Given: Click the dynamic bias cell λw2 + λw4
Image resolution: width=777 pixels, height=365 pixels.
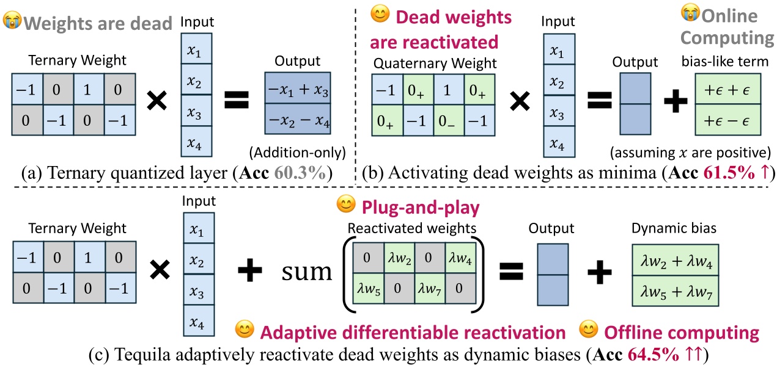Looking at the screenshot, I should (x=675, y=264).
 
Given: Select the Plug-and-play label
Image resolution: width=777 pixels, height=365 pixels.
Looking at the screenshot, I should (x=419, y=209).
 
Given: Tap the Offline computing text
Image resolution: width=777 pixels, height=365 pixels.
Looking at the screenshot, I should (x=682, y=332).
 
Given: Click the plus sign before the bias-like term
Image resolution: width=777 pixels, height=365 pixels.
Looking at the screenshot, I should (x=675, y=103).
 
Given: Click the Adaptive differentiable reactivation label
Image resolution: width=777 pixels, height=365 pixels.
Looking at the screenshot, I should (x=413, y=332).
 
